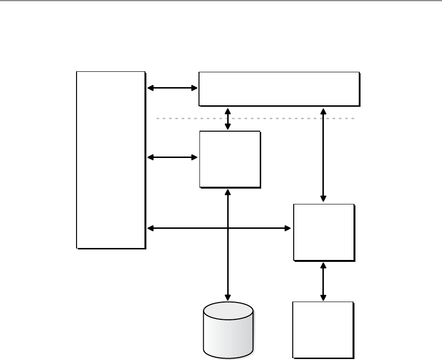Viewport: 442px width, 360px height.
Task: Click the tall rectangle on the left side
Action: pos(110,160)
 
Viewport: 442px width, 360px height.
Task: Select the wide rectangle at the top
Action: pos(279,89)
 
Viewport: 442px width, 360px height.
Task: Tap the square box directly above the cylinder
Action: pos(230,159)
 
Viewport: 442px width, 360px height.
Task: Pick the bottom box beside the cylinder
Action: pos(323,329)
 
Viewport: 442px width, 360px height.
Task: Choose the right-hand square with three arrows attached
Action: pos(324,232)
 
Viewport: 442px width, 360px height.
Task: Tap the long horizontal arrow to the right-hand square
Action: pos(258,229)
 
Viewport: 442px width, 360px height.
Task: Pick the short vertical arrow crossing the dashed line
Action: pos(228,118)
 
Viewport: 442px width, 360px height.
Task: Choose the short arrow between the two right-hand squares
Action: pos(324,281)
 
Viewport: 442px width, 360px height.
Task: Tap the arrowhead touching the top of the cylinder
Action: pos(228,297)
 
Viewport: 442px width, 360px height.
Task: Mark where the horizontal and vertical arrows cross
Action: pos(228,229)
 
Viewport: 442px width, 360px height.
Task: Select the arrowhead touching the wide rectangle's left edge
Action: pos(194,88)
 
